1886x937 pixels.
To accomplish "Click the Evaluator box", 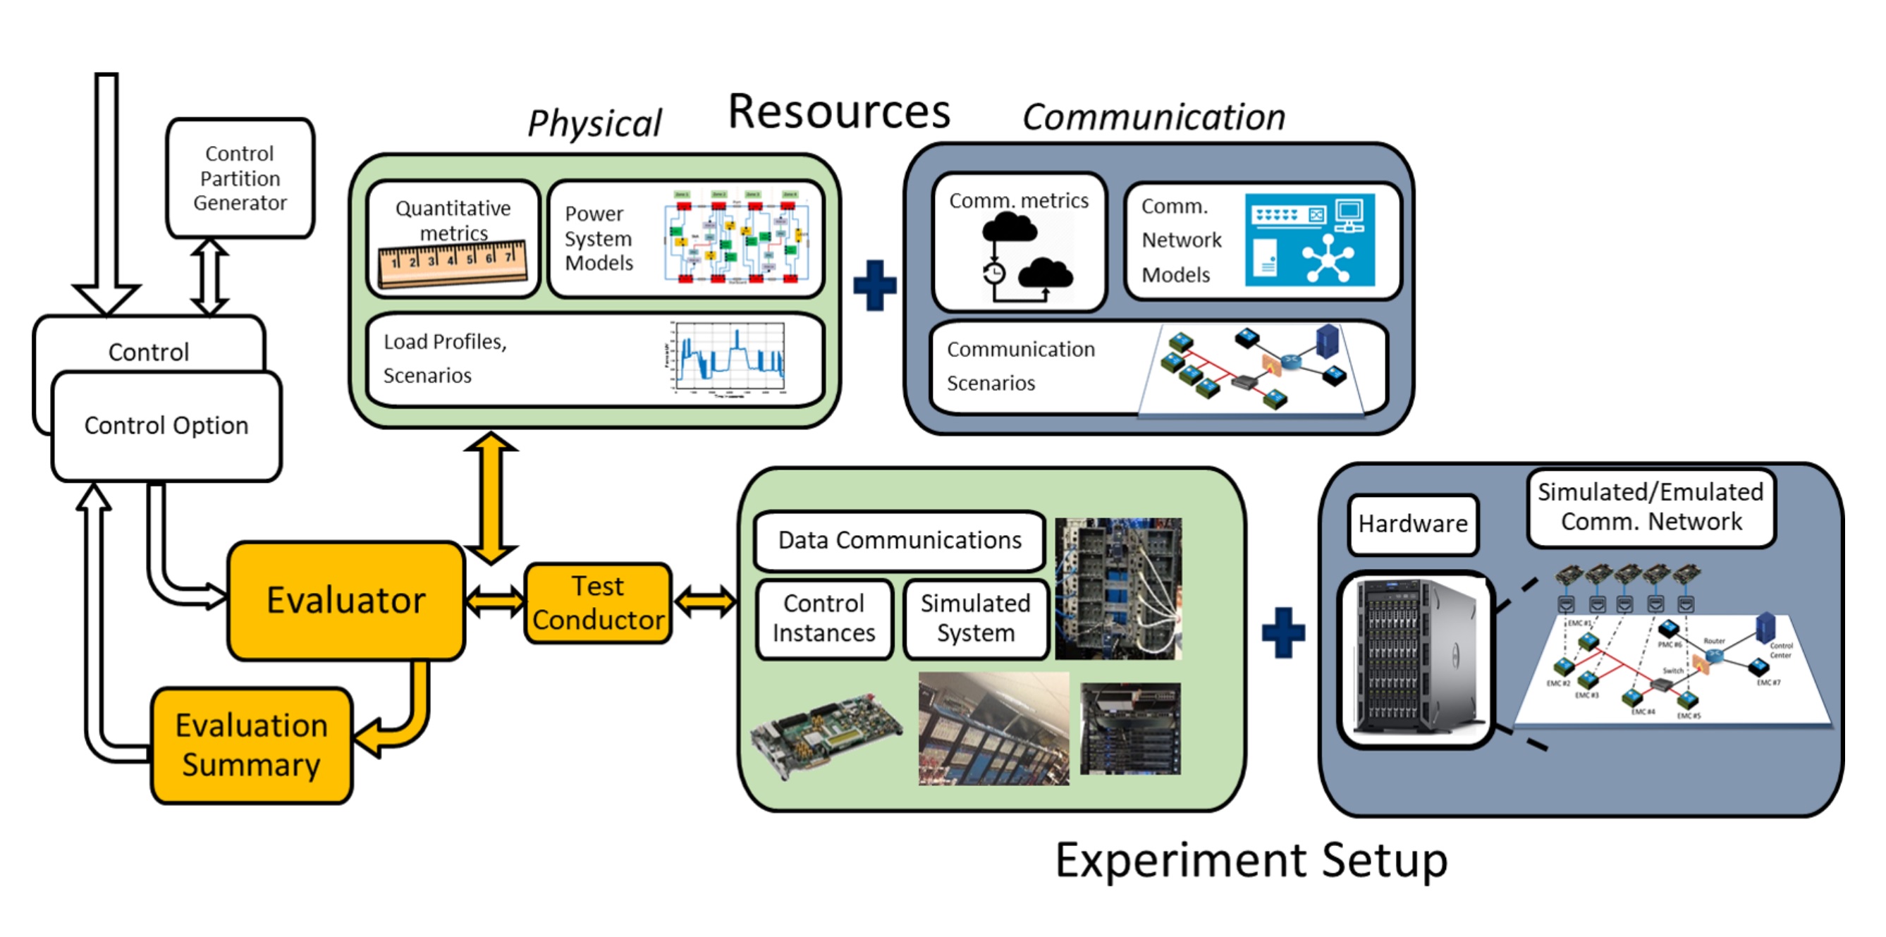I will pyautogui.click(x=345, y=600).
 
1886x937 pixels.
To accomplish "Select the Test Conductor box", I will pyautogui.click(x=598, y=604).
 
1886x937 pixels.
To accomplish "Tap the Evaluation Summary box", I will pyautogui.click(x=251, y=745).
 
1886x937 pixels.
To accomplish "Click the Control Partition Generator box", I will pyautogui.click(x=240, y=178).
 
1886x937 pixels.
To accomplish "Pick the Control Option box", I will pyautogui.click(x=166, y=426).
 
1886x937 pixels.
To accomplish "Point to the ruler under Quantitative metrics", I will pyautogui.click(x=453, y=264).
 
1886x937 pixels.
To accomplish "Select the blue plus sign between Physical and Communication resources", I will pyautogui.click(x=875, y=285).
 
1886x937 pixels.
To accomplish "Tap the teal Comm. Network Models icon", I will pyautogui.click(x=1309, y=240).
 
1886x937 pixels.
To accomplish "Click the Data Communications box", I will pyautogui.click(x=899, y=540).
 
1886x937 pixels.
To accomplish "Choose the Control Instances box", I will pyautogui.click(x=823, y=618).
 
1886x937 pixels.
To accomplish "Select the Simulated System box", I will pyautogui.click(x=975, y=618).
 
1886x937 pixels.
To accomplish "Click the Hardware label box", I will pyautogui.click(x=1412, y=524).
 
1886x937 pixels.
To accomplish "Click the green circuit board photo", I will pyautogui.click(x=827, y=734).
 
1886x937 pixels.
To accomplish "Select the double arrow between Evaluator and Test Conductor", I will pyautogui.click(x=495, y=601).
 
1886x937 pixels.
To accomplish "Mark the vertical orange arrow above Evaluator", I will pyautogui.click(x=491, y=498).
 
